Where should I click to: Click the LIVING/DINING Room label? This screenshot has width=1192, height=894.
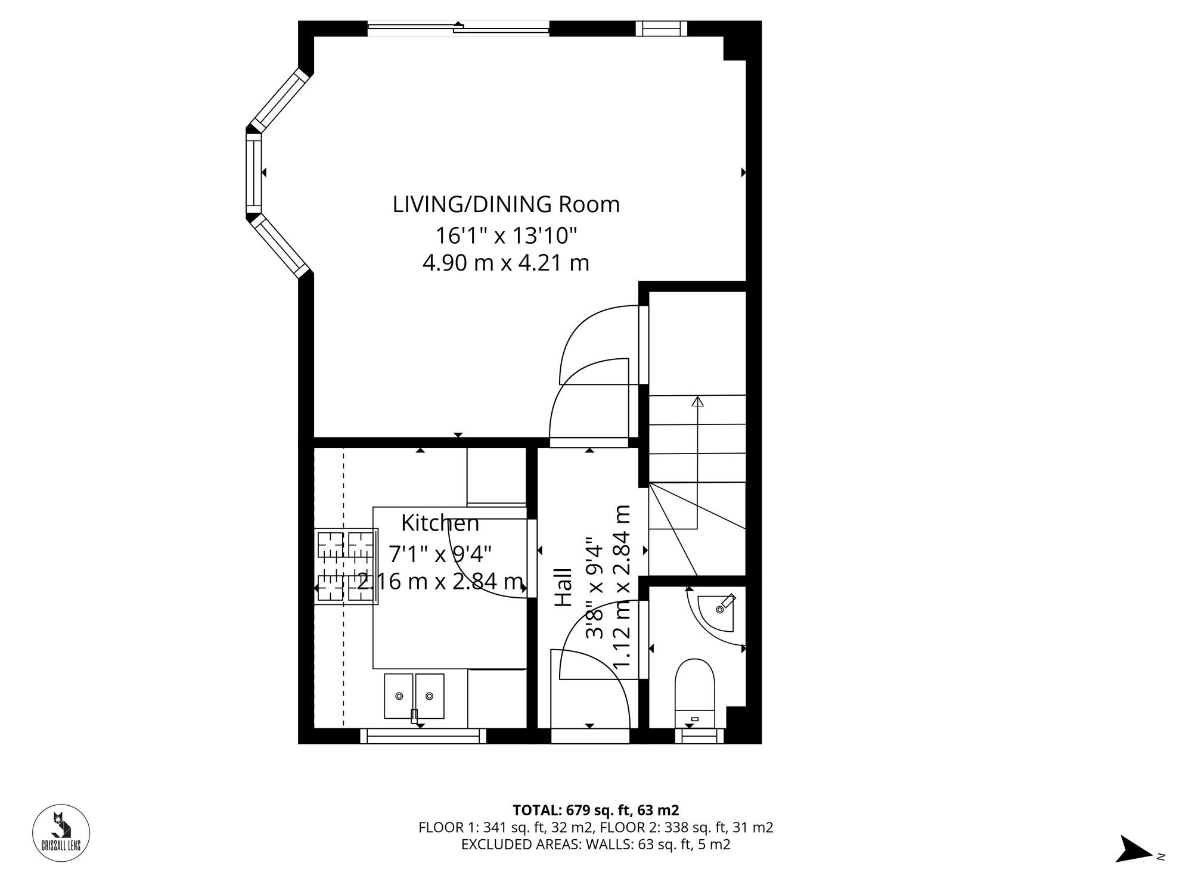506,205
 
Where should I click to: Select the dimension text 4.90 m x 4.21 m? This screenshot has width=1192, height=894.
506,263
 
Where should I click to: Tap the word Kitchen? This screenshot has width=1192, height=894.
440,523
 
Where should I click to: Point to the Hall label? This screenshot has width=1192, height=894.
563,588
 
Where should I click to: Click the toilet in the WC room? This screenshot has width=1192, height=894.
694,691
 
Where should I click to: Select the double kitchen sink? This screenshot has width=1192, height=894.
414,696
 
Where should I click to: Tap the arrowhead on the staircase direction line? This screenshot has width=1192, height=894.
697,401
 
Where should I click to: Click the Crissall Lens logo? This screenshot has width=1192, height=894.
61,833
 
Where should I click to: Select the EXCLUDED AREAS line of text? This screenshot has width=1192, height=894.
595,845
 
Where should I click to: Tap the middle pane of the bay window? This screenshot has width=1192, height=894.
254,173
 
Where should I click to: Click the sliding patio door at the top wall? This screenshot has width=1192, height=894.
458,27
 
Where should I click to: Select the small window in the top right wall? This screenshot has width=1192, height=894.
661,28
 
